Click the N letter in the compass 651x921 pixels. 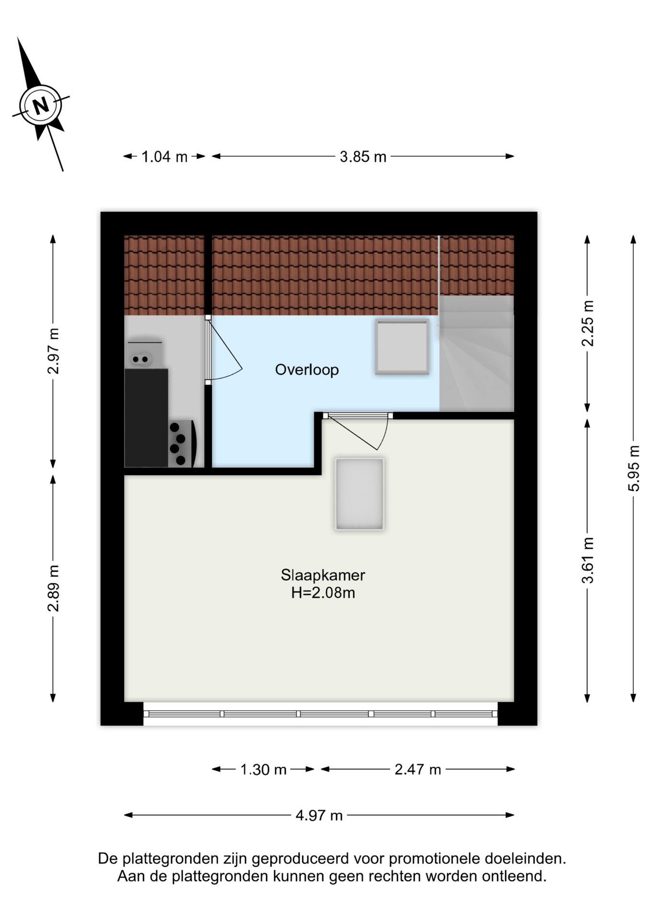[41, 105]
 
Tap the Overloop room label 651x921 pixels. [307, 370]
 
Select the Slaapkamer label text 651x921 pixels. [323, 575]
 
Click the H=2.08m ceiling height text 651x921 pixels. [323, 593]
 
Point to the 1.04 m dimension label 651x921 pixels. [164, 157]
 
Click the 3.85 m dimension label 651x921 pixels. [363, 157]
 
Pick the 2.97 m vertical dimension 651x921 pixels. [53, 351]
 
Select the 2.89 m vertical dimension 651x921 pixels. [53, 588]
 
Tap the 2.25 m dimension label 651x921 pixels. [587, 323]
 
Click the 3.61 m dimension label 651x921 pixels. [587, 560]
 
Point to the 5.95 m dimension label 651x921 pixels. [633, 468]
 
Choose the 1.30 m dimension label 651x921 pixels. [263, 769]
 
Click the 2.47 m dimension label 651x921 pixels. [418, 769]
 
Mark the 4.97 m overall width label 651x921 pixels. [319, 815]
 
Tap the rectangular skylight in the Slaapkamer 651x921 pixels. [360, 494]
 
